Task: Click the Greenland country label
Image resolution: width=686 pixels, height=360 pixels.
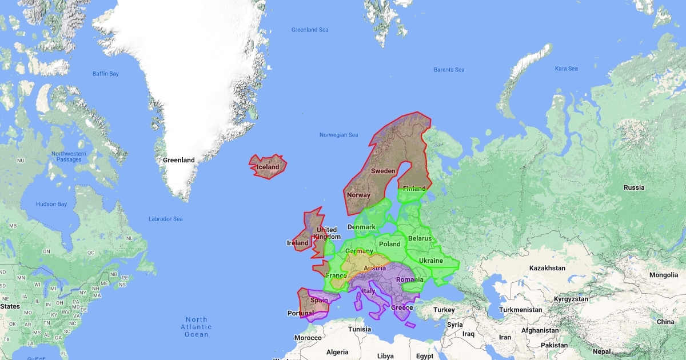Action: pos(178,160)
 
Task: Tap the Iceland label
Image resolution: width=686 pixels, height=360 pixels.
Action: pos(268,167)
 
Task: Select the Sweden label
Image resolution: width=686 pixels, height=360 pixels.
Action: pos(383,171)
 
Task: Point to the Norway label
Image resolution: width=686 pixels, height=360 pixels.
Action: pos(358,195)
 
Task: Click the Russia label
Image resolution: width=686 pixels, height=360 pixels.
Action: pos(634,187)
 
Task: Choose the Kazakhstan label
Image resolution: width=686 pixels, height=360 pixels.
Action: pos(547,267)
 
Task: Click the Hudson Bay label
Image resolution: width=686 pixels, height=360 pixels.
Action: pos(51,204)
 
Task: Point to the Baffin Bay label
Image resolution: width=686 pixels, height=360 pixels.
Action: pos(106,74)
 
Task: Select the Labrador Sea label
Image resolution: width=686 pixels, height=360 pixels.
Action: pos(166,219)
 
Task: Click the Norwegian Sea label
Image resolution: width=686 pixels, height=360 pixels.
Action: pos(338,135)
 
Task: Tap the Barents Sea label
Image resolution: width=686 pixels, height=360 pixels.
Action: pos(449,70)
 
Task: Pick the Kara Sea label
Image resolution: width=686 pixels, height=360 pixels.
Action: pos(566,69)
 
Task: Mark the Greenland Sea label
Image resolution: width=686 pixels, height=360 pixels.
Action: pos(310,30)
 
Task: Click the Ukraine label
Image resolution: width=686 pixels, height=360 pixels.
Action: pos(431,261)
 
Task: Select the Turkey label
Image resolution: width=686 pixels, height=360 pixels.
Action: pos(444,310)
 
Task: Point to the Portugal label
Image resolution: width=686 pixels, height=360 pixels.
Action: pos(301,313)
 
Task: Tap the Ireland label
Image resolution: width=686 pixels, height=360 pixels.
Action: pos(297,243)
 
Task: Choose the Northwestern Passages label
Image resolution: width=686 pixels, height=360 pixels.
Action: pos(69,157)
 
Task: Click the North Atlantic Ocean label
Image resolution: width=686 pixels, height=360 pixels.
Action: pos(197,327)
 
